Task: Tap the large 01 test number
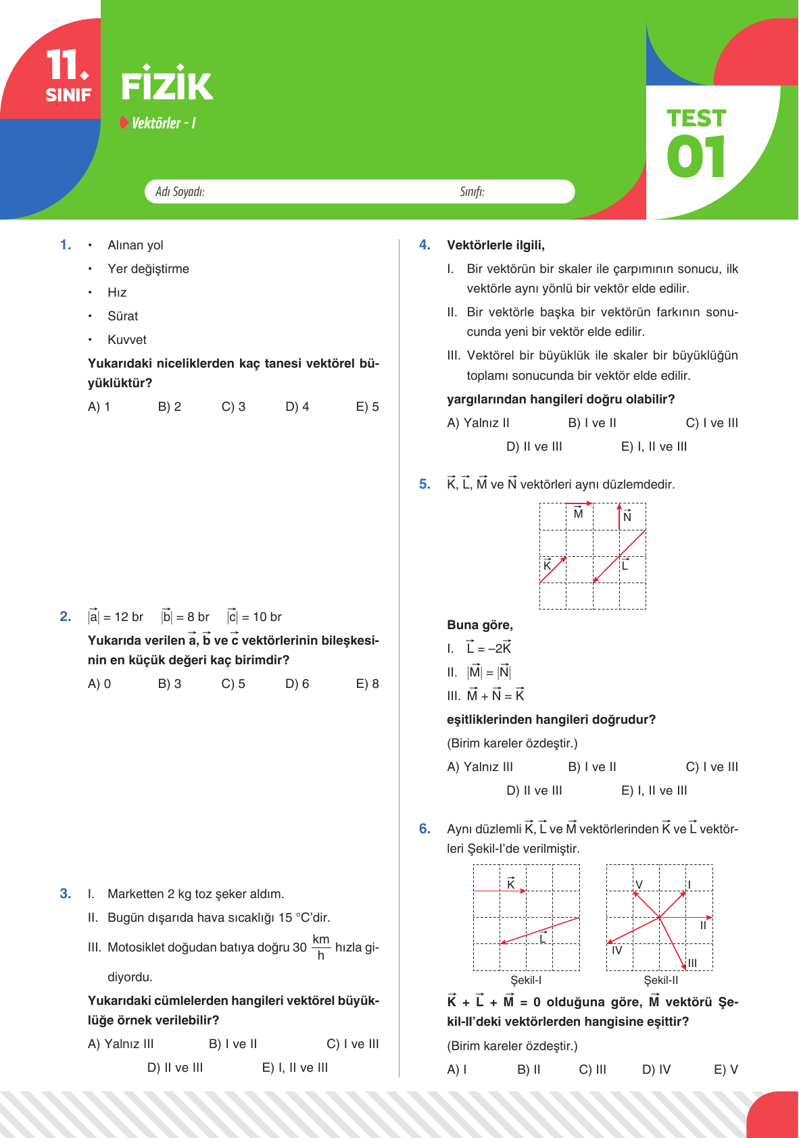696,156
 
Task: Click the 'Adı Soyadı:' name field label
180,192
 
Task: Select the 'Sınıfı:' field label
472,192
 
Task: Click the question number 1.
66,245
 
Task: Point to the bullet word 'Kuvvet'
127,340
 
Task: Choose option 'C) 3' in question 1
233,407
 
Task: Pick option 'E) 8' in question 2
367,684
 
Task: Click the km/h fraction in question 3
321,947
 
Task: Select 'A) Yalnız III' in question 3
121,1044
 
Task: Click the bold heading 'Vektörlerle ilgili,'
495,245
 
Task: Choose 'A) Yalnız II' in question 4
478,423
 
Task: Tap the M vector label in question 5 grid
578,514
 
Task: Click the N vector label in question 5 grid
627,517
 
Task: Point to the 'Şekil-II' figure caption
660,981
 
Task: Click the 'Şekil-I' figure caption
526,981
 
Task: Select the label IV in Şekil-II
616,950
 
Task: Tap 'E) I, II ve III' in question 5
654,791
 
